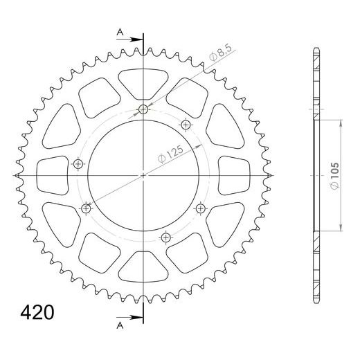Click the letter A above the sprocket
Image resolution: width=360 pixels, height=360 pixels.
(120, 32)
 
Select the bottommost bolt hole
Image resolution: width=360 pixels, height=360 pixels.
(165, 237)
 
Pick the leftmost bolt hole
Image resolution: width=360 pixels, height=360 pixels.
(78, 164)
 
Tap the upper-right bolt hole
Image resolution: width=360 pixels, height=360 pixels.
(186, 124)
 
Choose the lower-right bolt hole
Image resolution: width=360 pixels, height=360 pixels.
(201, 208)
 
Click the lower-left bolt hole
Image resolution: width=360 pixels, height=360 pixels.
(87, 208)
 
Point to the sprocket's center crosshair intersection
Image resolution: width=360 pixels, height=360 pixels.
(143, 176)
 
